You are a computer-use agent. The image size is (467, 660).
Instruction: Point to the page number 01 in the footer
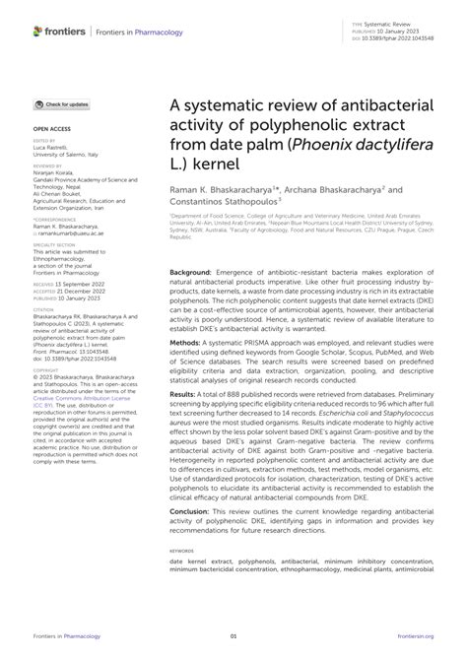point(233,646)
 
